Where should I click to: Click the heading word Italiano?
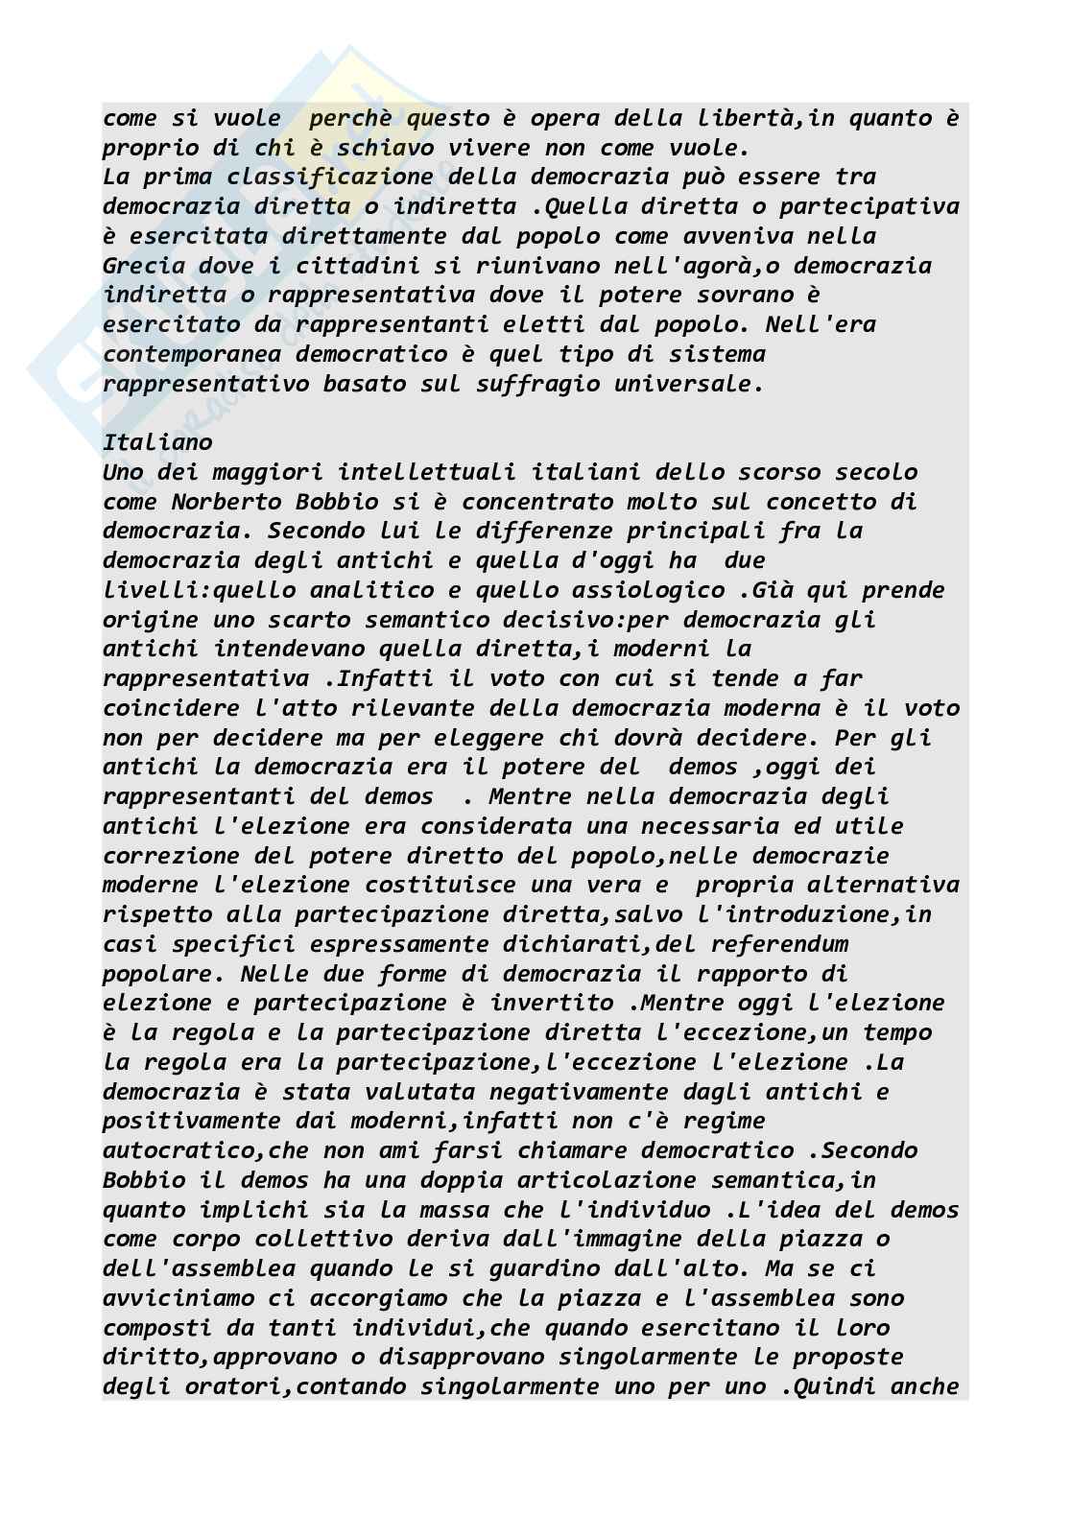pyautogui.click(x=157, y=442)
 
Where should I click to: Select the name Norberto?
pyautogui.click(x=226, y=502)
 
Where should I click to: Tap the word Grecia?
pyautogui.click(x=144, y=266)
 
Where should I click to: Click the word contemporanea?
pyautogui.click(x=192, y=354)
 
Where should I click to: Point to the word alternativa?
pyautogui.click(x=883, y=885)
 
